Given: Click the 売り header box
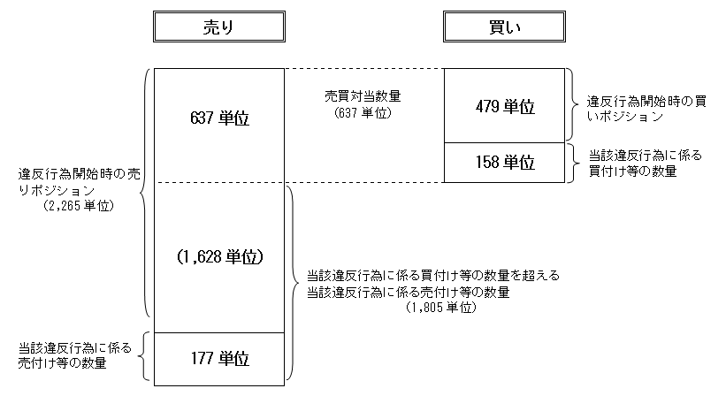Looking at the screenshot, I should pyautogui.click(x=218, y=28).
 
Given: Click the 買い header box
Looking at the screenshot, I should pyautogui.click(x=505, y=28).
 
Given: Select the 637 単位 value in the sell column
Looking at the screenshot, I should pyautogui.click(x=219, y=119).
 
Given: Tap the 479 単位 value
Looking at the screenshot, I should pyautogui.click(x=504, y=106).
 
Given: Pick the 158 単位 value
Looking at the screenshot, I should pyautogui.click(x=504, y=163).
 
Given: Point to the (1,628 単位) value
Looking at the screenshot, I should pyautogui.click(x=219, y=256).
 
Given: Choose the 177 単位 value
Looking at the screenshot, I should pyautogui.click(x=219, y=360).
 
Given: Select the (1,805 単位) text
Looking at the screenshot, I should pyautogui.click(x=442, y=308).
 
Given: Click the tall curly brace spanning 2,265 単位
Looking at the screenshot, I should pyautogui.click(x=144, y=193).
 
